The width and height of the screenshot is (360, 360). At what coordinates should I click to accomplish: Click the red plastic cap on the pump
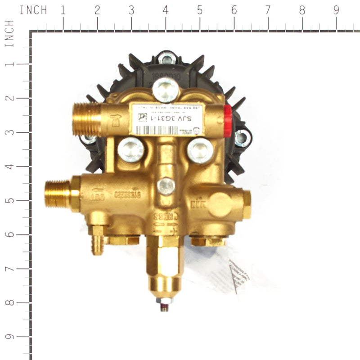[x=227, y=121]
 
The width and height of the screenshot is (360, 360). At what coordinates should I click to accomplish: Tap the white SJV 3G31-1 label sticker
[x=166, y=119]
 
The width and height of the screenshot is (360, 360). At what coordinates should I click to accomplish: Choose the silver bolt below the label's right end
[x=200, y=150]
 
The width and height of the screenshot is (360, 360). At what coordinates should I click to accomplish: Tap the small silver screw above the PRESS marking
[x=166, y=185]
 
